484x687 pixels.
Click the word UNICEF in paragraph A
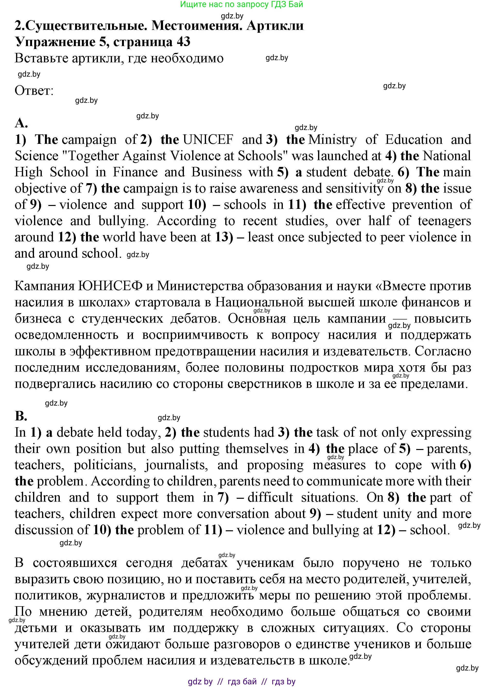click(x=208, y=140)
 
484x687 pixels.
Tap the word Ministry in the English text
click(x=333, y=140)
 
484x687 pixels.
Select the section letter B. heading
click(x=21, y=416)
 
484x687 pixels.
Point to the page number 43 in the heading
click(x=183, y=41)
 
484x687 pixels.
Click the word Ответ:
click(x=34, y=90)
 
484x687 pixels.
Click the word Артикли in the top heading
click(x=275, y=26)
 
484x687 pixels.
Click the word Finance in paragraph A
click(x=135, y=172)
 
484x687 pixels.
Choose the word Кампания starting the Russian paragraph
click(x=44, y=286)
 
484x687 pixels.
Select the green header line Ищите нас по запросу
click(x=242, y=4)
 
